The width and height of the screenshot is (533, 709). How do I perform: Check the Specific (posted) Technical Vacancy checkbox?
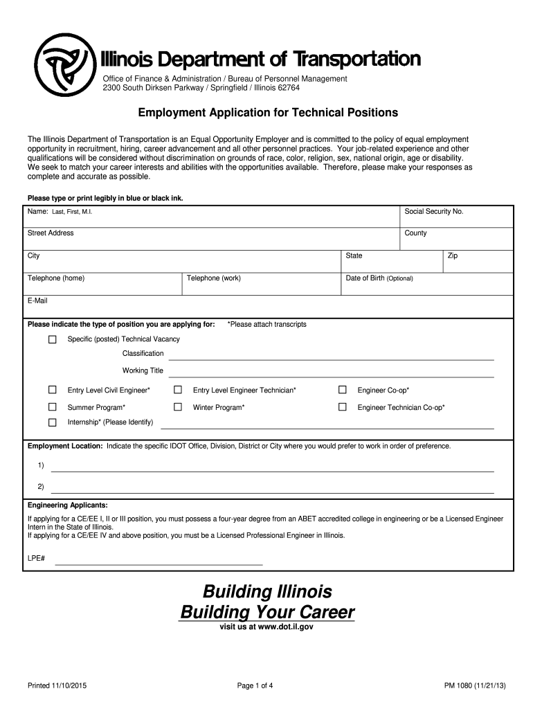click(x=52, y=339)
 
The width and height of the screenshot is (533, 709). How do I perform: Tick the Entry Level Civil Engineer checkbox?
click(x=52, y=391)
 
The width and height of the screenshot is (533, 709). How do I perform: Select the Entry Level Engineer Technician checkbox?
click(x=177, y=391)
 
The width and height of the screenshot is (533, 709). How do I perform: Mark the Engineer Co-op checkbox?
click(x=342, y=391)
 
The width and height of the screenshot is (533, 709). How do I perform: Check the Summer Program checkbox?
click(x=52, y=407)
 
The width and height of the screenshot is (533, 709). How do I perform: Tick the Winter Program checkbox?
click(x=177, y=407)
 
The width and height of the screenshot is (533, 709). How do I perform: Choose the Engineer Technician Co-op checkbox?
click(x=342, y=407)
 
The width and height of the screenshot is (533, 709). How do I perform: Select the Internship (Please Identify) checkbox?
click(x=52, y=422)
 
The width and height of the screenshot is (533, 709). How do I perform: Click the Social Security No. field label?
click(x=433, y=211)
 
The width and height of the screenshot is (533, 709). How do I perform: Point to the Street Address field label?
click(x=51, y=233)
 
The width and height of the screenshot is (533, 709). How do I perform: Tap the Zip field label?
click(x=453, y=256)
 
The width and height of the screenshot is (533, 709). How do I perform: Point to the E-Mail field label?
click(x=37, y=301)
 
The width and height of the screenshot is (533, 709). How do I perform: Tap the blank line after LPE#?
click(x=159, y=564)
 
